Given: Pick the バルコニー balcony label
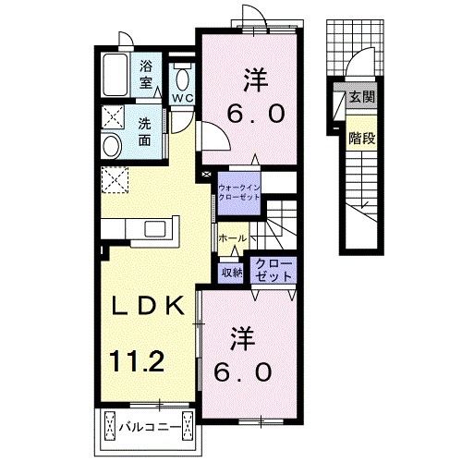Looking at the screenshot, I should coord(148,427).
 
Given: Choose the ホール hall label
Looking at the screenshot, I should coord(231,238).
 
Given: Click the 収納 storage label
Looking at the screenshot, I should coord(231,272).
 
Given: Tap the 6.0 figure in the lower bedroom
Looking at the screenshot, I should coord(245,371).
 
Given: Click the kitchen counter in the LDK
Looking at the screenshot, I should coord(136,227).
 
